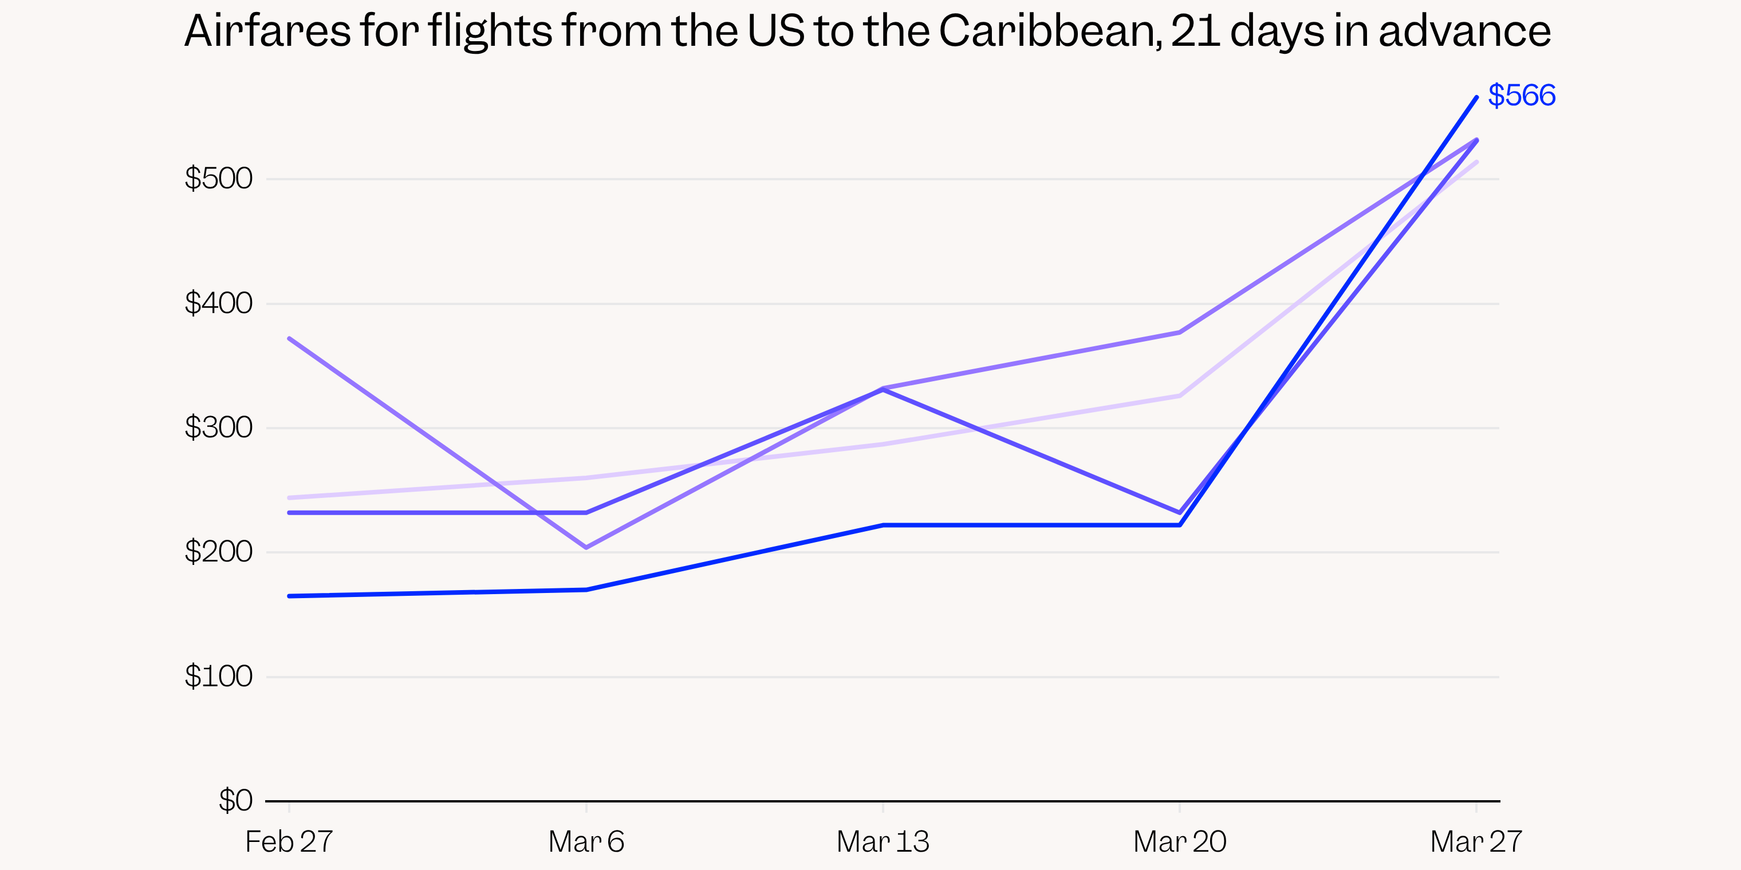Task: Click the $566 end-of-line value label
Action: (1521, 95)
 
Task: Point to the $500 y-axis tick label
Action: (218, 179)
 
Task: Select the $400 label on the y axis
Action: (218, 303)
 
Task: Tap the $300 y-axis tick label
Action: (218, 427)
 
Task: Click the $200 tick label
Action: (218, 552)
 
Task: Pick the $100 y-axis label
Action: (218, 676)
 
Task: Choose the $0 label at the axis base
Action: (235, 800)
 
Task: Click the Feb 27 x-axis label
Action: (289, 841)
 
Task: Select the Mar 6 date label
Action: (586, 841)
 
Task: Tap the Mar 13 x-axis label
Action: (883, 841)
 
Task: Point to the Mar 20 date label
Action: (1179, 841)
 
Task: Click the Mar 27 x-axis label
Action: (1476, 841)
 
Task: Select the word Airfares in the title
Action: (267, 31)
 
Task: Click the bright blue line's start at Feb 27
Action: (289, 596)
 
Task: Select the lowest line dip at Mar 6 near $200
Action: (586, 548)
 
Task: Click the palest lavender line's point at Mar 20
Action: (1180, 396)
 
